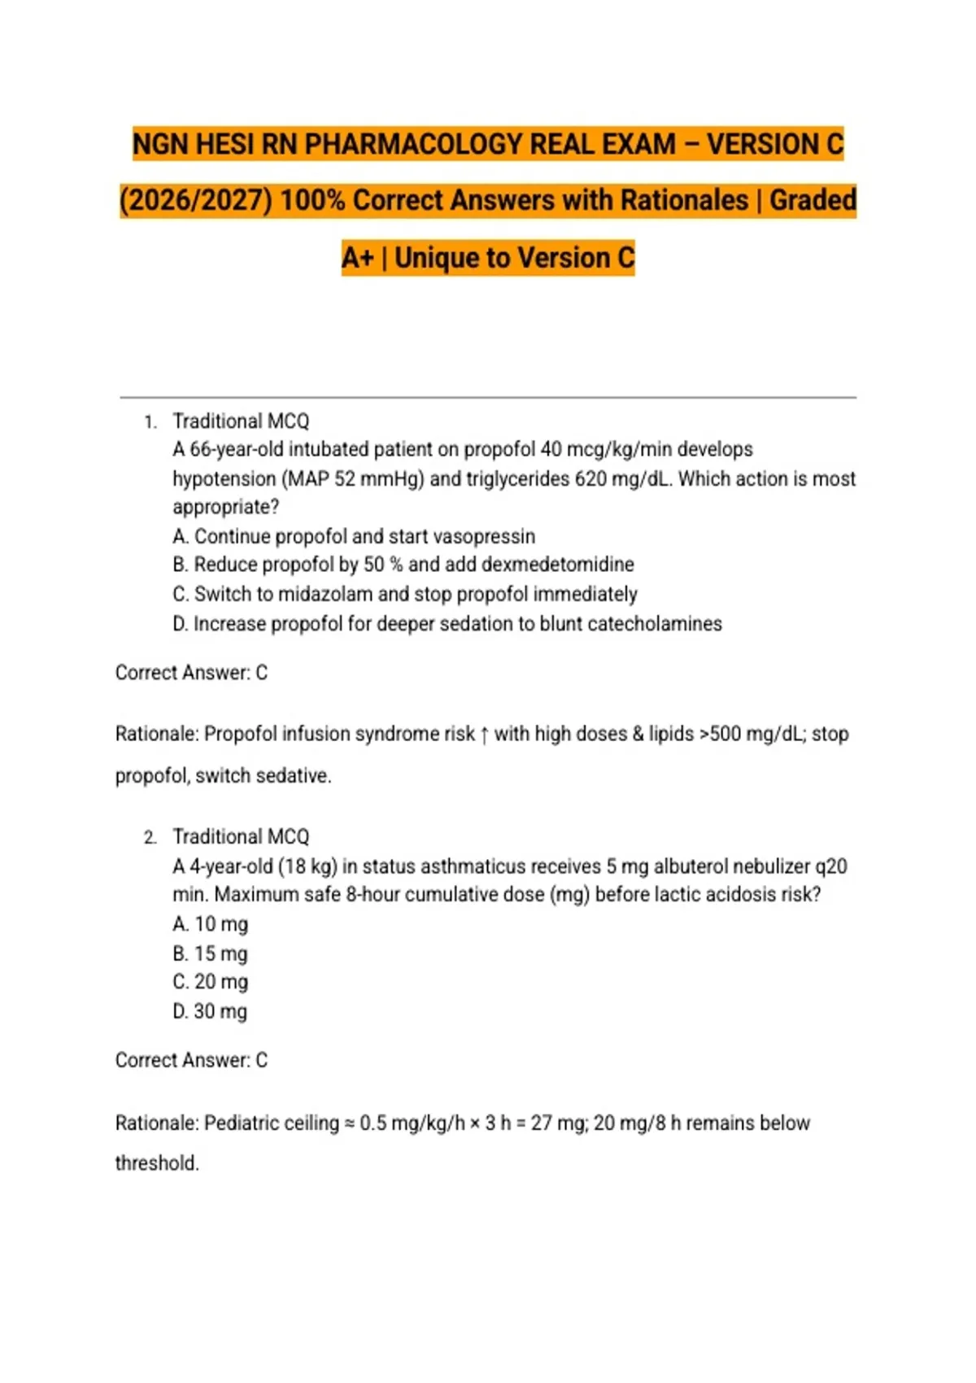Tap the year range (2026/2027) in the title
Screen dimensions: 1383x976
pos(195,201)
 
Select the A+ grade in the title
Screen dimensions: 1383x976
pos(357,258)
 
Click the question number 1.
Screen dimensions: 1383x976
pos(149,422)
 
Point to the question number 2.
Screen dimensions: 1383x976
pos(150,838)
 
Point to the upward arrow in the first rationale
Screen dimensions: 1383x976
pos(485,735)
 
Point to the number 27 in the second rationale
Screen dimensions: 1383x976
pos(542,1123)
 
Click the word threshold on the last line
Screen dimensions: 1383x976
pos(156,1163)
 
